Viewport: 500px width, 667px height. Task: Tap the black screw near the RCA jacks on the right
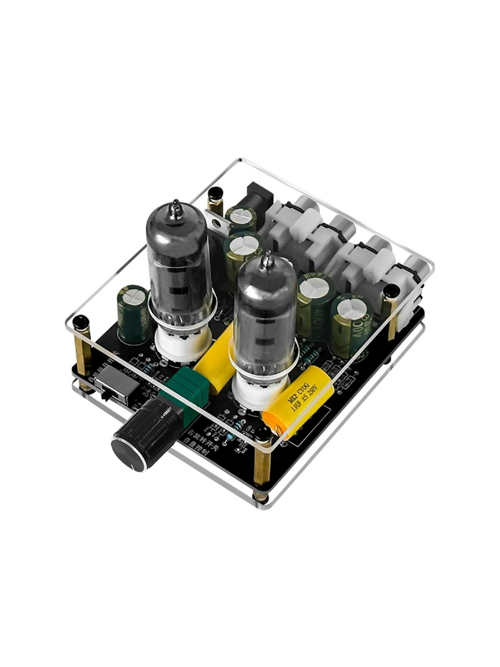pyautogui.click(x=392, y=292)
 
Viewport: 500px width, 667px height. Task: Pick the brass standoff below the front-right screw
pyautogui.click(x=262, y=467)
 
